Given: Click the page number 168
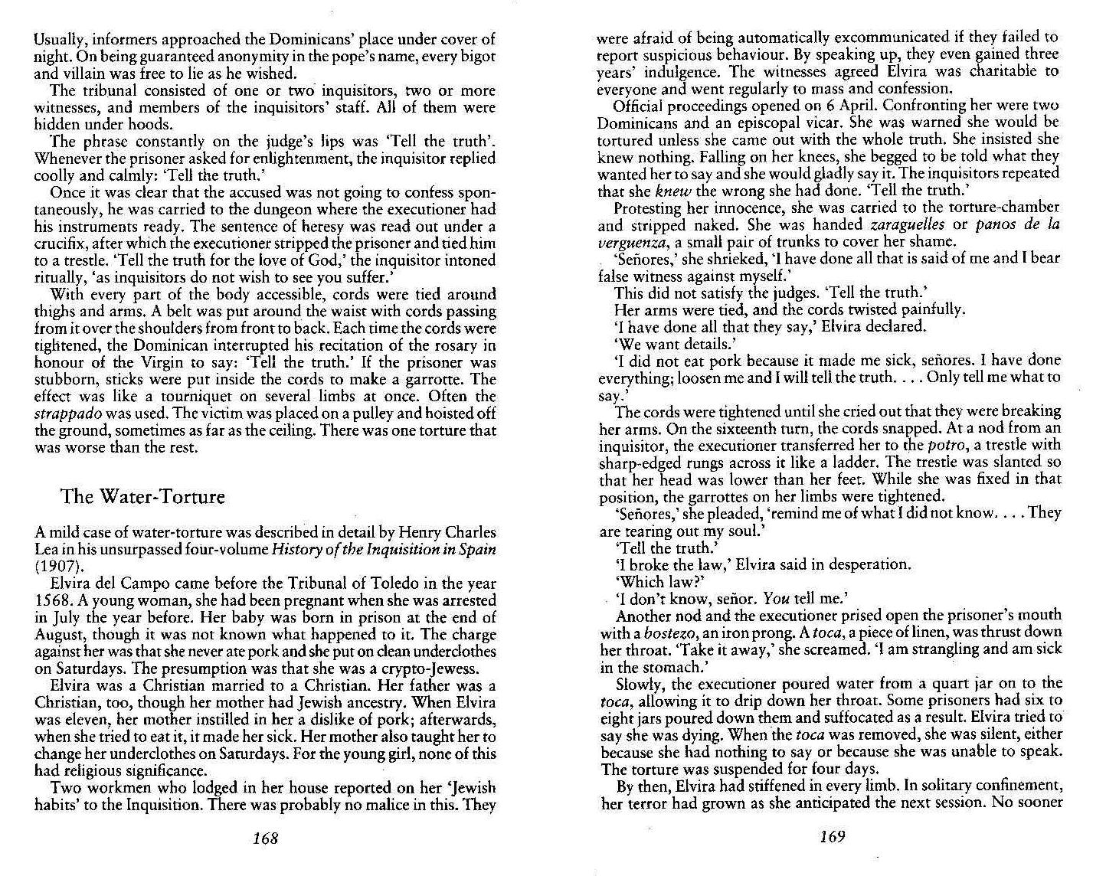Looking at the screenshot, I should click(x=264, y=838).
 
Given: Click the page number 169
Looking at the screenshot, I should click(x=832, y=837).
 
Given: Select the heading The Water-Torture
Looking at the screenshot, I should click(x=142, y=497).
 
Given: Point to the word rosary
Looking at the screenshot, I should click(x=448, y=345).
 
